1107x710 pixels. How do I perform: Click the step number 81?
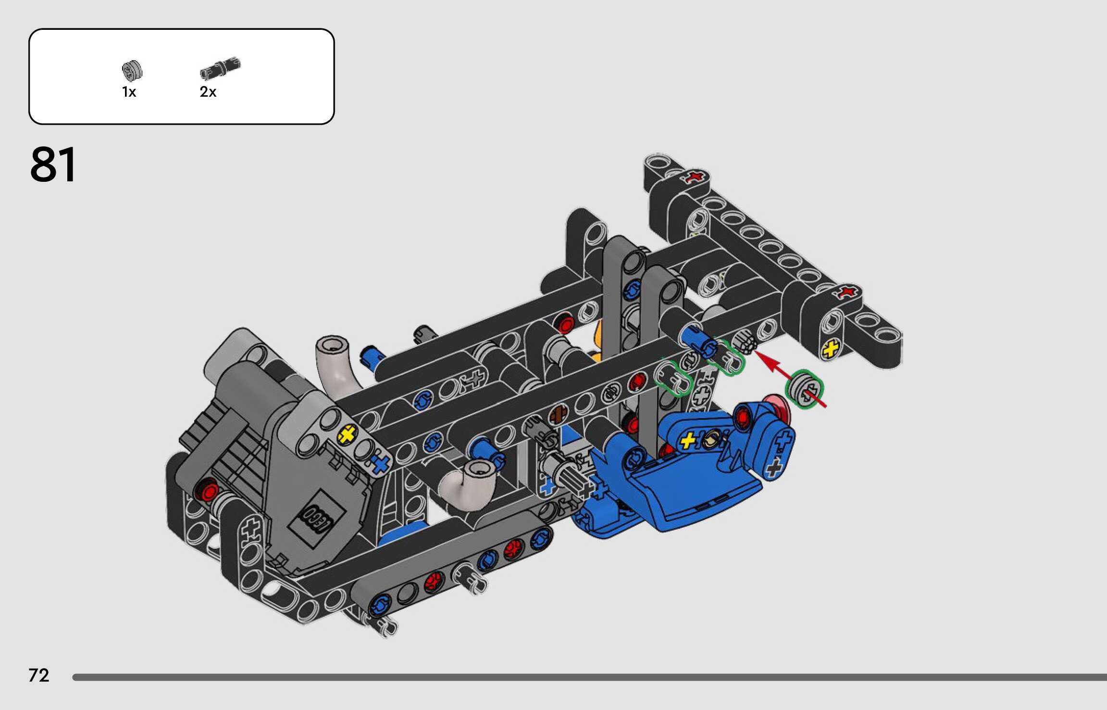(x=53, y=165)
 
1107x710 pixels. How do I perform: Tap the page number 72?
(x=39, y=675)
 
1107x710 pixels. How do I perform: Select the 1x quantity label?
(x=129, y=92)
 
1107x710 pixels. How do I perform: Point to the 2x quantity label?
(x=208, y=92)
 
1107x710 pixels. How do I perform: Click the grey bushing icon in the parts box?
(x=132, y=71)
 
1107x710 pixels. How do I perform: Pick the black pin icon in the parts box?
(x=220, y=68)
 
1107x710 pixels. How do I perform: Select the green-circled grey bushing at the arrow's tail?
(x=804, y=389)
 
